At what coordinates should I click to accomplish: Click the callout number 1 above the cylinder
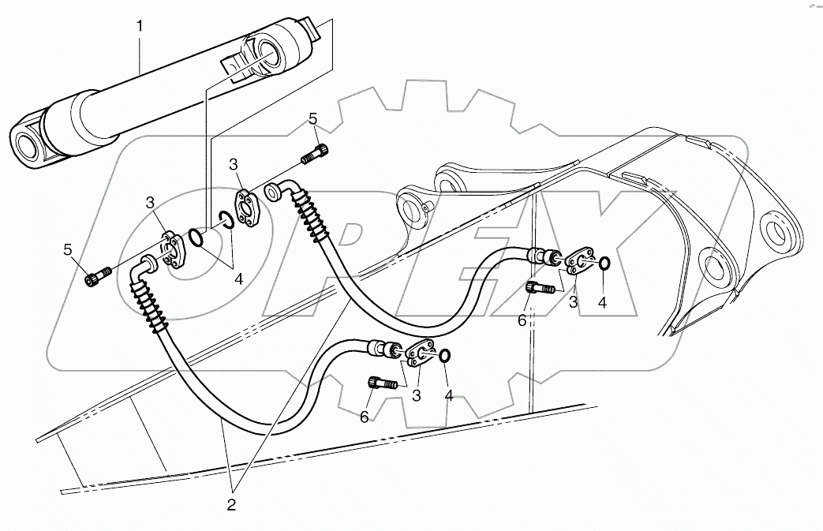pos(140,26)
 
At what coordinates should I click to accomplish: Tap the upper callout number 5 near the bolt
pos(313,119)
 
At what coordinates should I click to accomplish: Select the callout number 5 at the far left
pos(69,250)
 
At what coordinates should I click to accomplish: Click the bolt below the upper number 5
pos(316,152)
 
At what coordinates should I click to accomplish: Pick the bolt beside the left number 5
pos(98,277)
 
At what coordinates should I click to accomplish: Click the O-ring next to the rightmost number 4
pos(603,264)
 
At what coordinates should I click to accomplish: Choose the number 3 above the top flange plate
pos(234,164)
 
